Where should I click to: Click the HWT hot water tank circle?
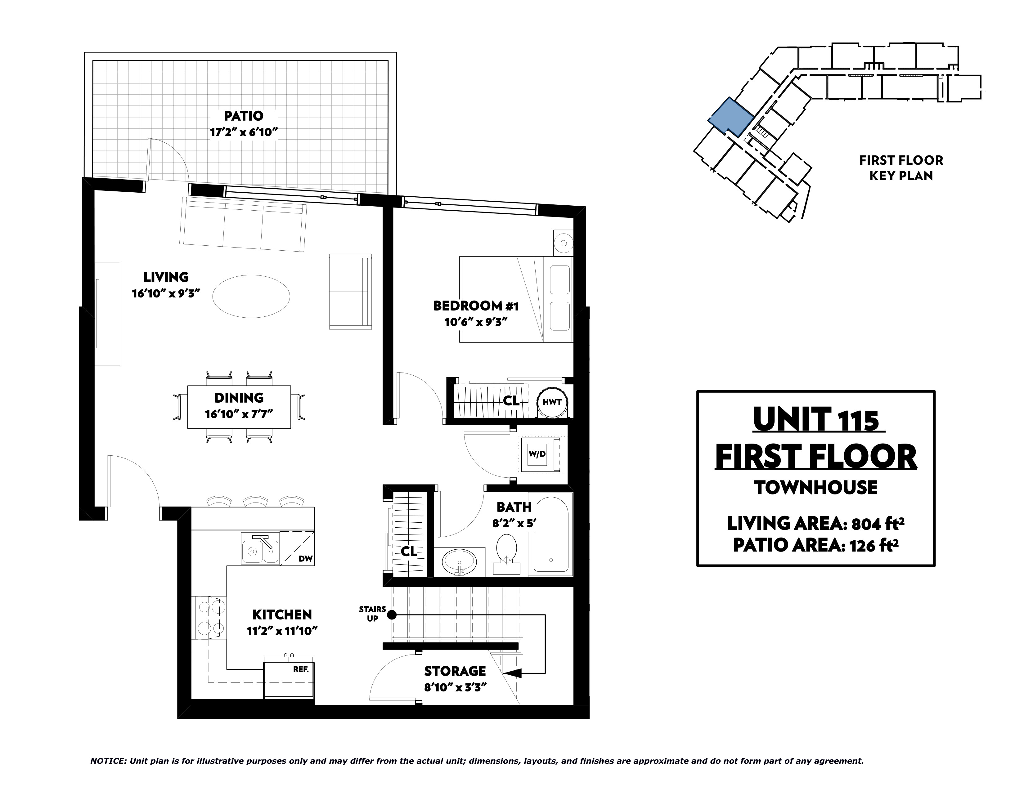552,402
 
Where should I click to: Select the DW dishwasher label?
305,559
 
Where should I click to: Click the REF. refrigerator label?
301,669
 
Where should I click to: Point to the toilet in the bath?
506,554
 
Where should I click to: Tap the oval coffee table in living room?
251,296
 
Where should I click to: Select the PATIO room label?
243,116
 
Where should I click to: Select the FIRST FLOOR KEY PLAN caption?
901,168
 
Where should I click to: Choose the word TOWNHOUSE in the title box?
816,488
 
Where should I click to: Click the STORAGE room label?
455,671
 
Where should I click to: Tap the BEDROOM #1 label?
476,306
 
